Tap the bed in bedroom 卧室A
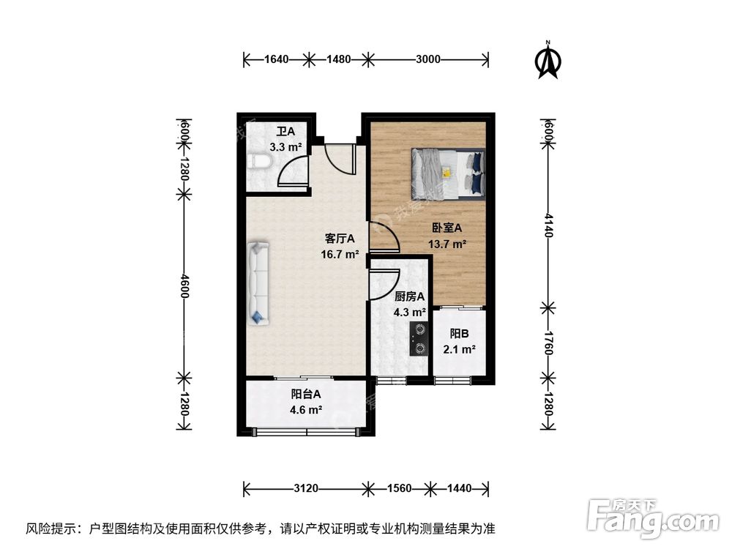click(x=447, y=174)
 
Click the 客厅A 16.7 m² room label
click(x=340, y=247)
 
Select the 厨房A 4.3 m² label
click(x=409, y=304)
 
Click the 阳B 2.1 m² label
click(x=459, y=343)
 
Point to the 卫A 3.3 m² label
click(x=285, y=139)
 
